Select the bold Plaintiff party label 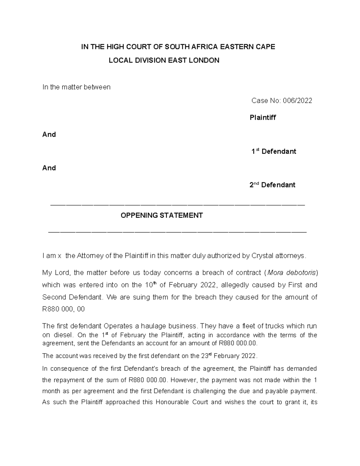coord(262,118)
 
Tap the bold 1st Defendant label coord(274,152)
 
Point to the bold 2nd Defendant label coord(272,185)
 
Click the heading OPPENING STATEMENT coord(162,215)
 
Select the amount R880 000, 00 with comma coord(64,309)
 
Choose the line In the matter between coord(76,87)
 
